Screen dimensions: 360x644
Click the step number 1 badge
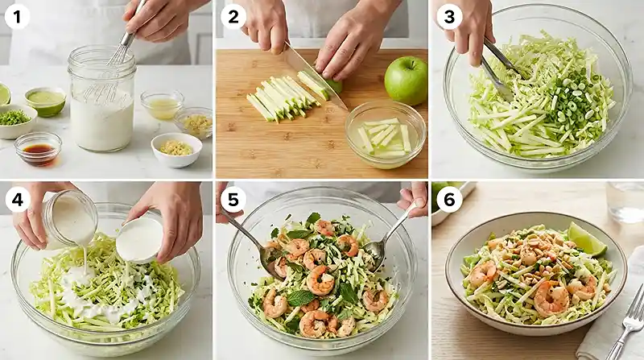16,16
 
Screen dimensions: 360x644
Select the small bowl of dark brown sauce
38,148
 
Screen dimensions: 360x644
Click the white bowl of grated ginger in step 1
176,148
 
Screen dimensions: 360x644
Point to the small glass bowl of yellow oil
161,105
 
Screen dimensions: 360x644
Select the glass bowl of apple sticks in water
385,134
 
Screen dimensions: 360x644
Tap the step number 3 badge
449,16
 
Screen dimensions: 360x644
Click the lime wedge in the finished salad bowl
585,240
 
